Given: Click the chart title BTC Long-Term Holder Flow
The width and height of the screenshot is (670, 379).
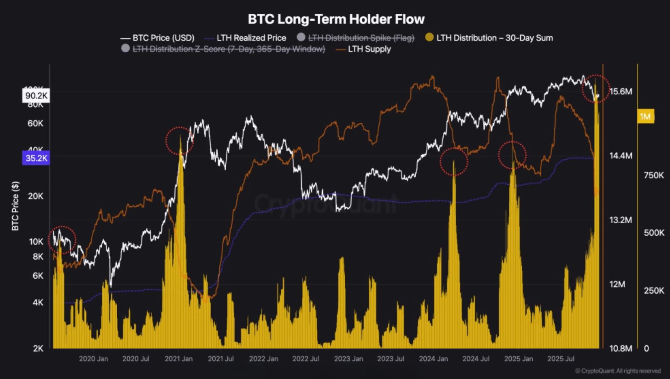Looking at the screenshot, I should [x=336, y=19].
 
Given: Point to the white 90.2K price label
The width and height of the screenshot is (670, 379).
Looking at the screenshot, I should [x=36, y=96].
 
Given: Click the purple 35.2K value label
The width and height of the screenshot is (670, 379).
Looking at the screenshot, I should [x=36, y=158].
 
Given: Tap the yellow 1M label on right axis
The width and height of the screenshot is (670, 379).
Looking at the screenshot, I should [x=645, y=117].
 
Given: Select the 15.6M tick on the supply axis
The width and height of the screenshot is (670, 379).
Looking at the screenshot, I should [x=621, y=92].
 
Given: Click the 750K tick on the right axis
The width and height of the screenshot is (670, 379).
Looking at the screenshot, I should [x=654, y=175].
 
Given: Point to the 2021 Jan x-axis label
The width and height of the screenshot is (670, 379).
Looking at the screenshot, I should [x=178, y=359].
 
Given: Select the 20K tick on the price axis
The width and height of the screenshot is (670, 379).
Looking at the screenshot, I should [x=36, y=196].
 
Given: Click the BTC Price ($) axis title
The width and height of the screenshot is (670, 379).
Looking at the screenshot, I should [x=15, y=206].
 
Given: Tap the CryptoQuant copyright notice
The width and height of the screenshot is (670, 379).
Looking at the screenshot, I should [x=617, y=371].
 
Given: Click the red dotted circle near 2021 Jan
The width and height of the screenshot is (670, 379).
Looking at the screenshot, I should [x=179, y=140].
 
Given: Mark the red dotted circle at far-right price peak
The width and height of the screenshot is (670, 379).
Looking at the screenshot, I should [x=596, y=88].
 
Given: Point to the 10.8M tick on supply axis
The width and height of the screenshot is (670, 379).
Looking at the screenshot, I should [x=621, y=348].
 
